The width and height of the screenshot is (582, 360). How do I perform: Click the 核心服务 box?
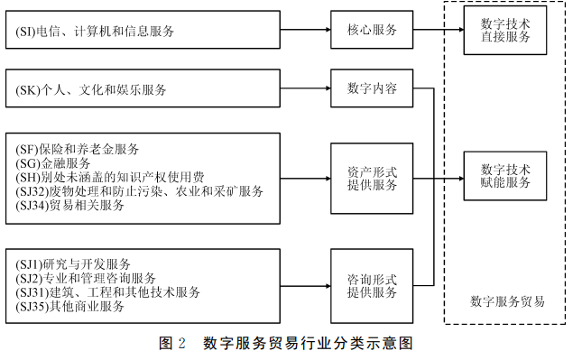tap(372, 30)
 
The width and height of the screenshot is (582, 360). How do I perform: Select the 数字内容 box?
tap(372, 89)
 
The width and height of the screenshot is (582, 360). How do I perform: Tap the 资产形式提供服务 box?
tap(372, 178)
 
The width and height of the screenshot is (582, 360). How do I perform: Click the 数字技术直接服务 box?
tap(505, 30)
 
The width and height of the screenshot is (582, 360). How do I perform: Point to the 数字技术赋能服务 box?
tap(505, 176)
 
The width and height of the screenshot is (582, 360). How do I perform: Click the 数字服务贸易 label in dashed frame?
tap(507, 301)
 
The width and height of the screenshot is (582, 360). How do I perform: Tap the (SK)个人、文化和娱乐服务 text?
tap(91, 90)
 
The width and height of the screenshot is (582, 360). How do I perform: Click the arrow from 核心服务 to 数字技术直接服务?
tap(438, 30)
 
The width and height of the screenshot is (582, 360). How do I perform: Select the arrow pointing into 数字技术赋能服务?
tap(451, 177)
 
